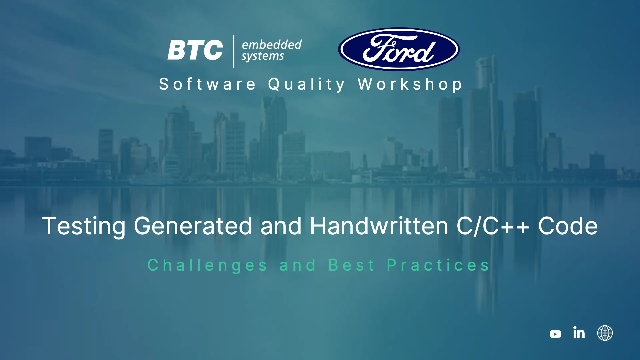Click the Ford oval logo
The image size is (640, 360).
(399, 49)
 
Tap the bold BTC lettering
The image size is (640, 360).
(195, 50)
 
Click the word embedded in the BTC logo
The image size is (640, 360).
(272, 45)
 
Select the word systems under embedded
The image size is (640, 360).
(263, 56)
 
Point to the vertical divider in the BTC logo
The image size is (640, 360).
(233, 51)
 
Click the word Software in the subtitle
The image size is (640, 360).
(207, 84)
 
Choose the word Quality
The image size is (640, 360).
(307, 84)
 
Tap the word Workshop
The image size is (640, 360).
(410, 84)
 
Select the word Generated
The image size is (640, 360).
(193, 226)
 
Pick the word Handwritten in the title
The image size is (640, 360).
(379, 226)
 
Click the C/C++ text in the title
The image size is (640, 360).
(493, 226)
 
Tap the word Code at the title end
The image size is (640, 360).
(568, 226)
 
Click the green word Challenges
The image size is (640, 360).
(207, 266)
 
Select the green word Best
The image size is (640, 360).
(352, 265)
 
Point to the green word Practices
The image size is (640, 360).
(438, 265)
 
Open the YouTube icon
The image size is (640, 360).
(555, 334)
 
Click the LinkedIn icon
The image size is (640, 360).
(579, 333)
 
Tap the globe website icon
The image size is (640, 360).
(605, 333)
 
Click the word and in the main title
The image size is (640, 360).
(281, 226)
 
